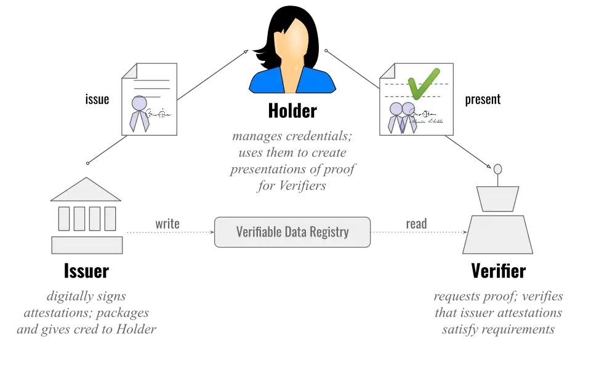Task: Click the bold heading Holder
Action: click(292, 111)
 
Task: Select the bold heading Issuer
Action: click(86, 271)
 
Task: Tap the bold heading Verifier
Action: click(498, 271)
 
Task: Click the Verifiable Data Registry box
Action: click(292, 232)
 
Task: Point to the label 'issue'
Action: click(97, 100)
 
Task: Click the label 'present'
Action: click(483, 100)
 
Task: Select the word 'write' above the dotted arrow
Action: click(167, 224)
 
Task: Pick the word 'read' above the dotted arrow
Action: click(417, 224)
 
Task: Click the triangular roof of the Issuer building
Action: click(86, 190)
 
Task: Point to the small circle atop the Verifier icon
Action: click(497, 170)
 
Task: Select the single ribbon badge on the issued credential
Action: click(139, 114)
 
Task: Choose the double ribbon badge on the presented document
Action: click(402, 117)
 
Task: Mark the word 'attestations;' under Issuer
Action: click(55, 313)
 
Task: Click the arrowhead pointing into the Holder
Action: click(246, 52)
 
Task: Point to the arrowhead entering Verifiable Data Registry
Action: click(212, 232)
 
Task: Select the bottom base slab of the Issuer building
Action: click(87, 245)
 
